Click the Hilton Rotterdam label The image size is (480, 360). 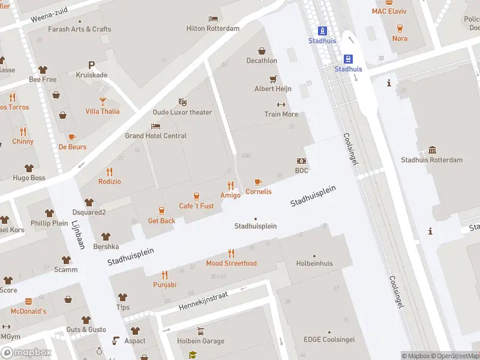[212, 28]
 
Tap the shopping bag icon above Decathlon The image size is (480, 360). [262, 51]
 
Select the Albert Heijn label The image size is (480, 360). [273, 89]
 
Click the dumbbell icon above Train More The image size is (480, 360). [281, 104]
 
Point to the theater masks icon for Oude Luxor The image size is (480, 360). [183, 103]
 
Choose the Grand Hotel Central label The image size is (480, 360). [155, 136]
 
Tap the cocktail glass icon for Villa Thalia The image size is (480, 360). [103, 101]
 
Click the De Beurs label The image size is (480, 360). [73, 147]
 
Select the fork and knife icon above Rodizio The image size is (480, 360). [109, 172]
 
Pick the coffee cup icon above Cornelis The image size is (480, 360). [258, 182]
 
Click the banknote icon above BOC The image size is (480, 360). [301, 161]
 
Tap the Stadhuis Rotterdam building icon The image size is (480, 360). [432, 150]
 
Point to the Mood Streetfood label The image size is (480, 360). [231, 263]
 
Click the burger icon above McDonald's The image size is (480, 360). [28, 301]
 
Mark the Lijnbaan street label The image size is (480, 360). [77, 234]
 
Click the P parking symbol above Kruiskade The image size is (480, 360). [91, 65]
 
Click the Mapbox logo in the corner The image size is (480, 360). [26, 353]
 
